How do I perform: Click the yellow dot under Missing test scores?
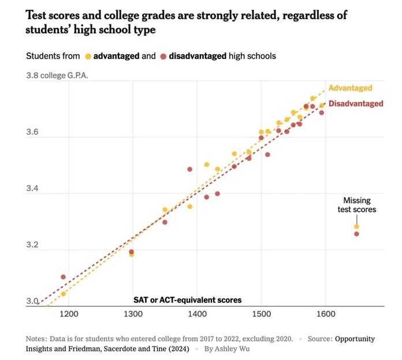click(x=356, y=227)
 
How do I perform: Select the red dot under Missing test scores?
click(x=356, y=234)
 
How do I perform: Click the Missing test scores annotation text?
click(x=356, y=205)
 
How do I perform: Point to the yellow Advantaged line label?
click(x=350, y=88)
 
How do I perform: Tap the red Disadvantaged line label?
click(x=355, y=104)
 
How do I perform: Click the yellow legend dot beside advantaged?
click(x=88, y=57)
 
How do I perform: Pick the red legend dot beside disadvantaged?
click(x=163, y=57)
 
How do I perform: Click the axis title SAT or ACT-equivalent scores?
click(x=187, y=300)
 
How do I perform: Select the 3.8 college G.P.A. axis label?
click(x=57, y=76)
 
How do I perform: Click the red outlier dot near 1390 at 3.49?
click(x=189, y=169)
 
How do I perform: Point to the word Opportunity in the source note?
click(x=355, y=339)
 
